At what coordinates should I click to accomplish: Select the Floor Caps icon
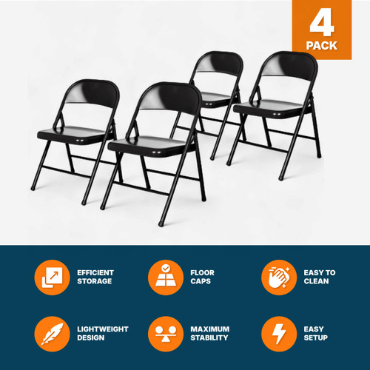(165, 277)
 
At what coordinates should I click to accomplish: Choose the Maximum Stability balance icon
(165, 334)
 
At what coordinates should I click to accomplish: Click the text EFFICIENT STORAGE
(95, 277)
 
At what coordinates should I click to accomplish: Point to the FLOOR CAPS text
(204, 277)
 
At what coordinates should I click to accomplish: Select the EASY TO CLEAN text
(320, 277)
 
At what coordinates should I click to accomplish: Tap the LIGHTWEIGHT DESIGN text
(102, 334)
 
